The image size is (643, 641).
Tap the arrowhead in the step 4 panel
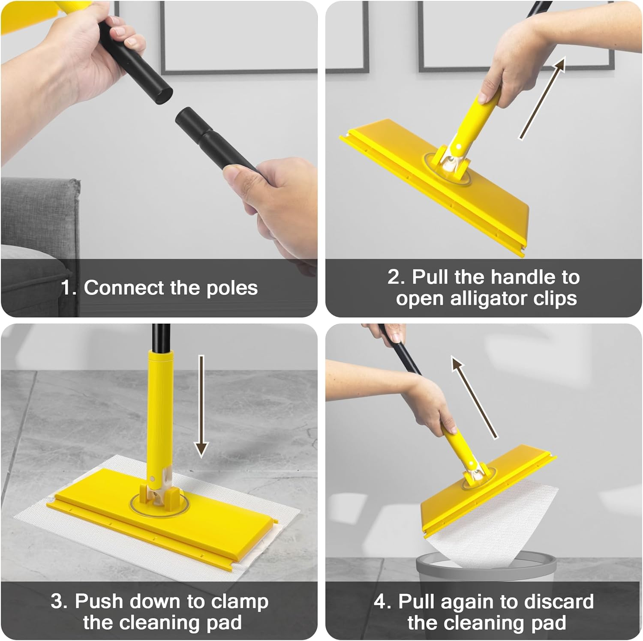coord(458,365)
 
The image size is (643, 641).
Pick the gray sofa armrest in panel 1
coord(41,214)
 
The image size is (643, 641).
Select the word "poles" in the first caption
coord(232,288)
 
